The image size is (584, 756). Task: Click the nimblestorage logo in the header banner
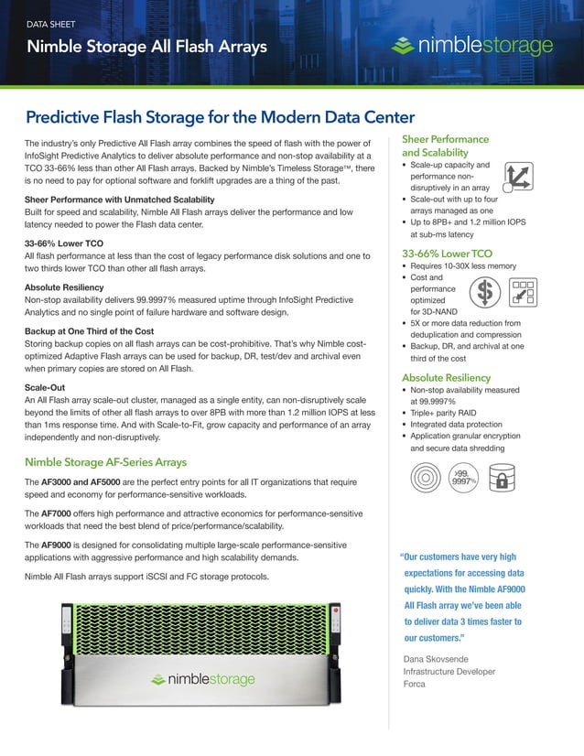click(470, 46)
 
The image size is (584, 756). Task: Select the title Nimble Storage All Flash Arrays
click(146, 47)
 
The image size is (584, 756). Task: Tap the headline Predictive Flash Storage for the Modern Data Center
click(220, 117)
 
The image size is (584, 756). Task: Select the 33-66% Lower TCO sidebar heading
click(447, 253)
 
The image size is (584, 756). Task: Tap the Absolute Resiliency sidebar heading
click(446, 378)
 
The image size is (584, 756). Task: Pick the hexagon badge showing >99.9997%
click(463, 477)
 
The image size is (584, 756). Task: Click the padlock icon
click(501, 479)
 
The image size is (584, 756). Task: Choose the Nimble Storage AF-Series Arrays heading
click(106, 461)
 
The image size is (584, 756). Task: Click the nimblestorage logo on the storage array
click(203, 680)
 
